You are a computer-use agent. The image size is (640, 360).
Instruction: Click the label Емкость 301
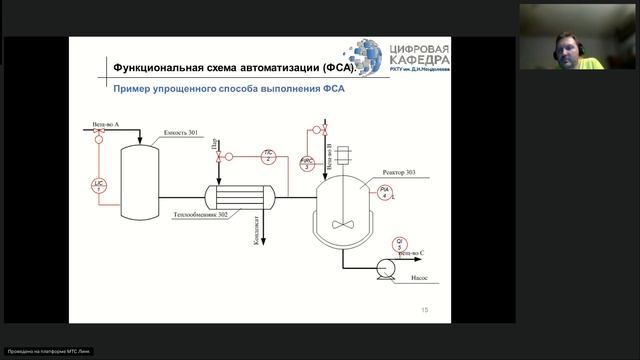(x=179, y=133)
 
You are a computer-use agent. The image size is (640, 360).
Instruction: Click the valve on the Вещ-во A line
(x=99, y=141)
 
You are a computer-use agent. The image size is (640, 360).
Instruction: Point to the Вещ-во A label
(x=105, y=126)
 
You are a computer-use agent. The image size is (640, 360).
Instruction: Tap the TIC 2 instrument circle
(x=268, y=155)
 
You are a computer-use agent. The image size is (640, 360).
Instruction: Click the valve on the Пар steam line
(x=219, y=157)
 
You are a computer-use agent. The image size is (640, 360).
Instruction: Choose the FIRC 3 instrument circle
(x=308, y=163)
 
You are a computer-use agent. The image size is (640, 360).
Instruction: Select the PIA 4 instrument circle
(x=385, y=192)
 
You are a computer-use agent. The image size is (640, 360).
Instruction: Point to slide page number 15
(x=424, y=310)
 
